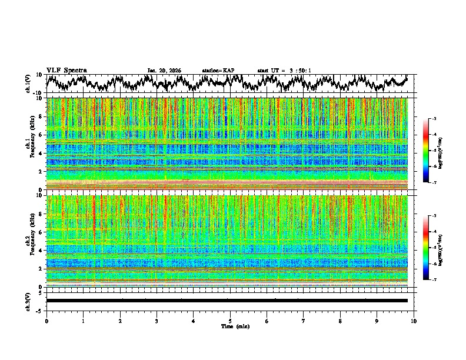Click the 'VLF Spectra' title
click(x=66, y=71)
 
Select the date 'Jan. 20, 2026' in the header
click(x=164, y=71)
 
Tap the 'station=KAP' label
click(x=218, y=71)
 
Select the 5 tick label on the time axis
click(x=230, y=321)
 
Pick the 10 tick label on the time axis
click(x=414, y=321)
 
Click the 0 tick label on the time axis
click(x=46, y=321)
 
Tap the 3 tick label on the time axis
click(x=157, y=321)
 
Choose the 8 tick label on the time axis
click(x=340, y=321)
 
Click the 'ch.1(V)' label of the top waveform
click(x=28, y=84)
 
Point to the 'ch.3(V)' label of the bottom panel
click(x=28, y=301)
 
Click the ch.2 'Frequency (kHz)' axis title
click(x=29, y=241)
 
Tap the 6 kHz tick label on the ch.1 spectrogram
click(x=41, y=135)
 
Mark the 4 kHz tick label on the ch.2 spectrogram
click(x=41, y=251)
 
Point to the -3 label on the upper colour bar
click(x=434, y=119)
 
